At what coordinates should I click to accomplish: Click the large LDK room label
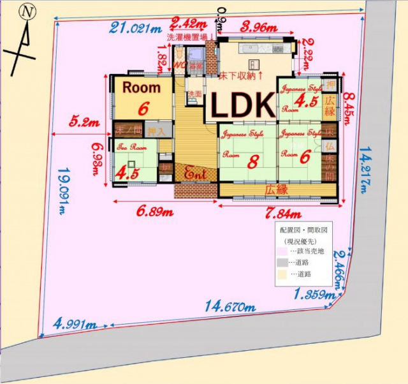click(242, 105)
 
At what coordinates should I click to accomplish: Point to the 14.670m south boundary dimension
click(230, 307)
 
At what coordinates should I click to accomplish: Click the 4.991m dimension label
click(75, 325)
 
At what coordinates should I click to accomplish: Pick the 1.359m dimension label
click(314, 295)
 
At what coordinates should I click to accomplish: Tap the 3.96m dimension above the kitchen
click(259, 28)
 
